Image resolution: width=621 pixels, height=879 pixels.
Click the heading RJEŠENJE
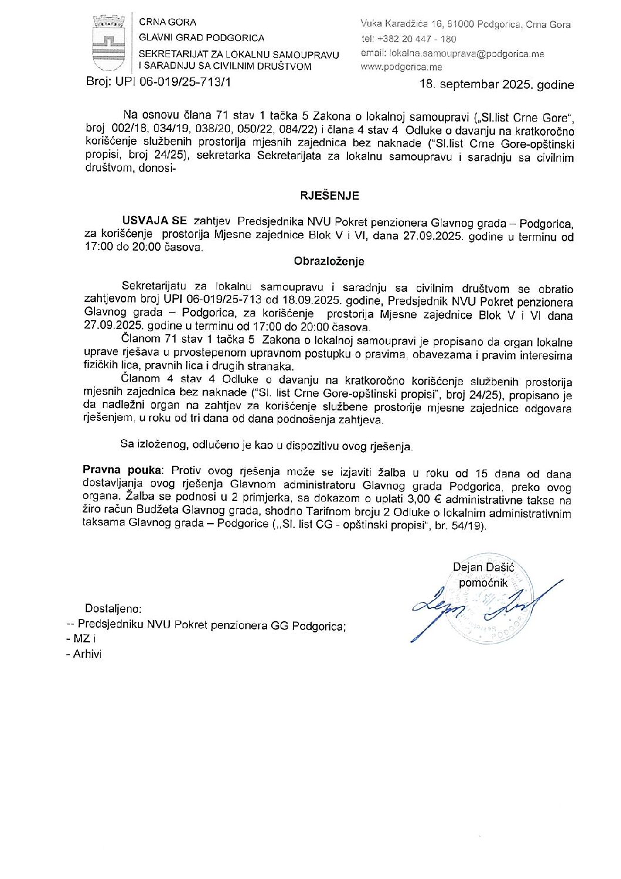coord(329,196)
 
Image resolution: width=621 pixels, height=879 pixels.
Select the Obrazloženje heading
coord(329,261)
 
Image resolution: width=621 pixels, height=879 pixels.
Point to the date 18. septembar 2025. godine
coord(497,85)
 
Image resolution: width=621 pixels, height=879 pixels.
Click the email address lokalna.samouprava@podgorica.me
coord(467,53)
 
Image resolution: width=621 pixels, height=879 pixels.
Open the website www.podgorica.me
coord(401,67)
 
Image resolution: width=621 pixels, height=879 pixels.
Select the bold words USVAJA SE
coord(154,221)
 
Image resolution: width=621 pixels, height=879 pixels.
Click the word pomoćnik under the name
coord(483,582)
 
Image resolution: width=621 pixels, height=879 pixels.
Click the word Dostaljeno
coord(113,608)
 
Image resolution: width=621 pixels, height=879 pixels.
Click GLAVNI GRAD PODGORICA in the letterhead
coord(201,38)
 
